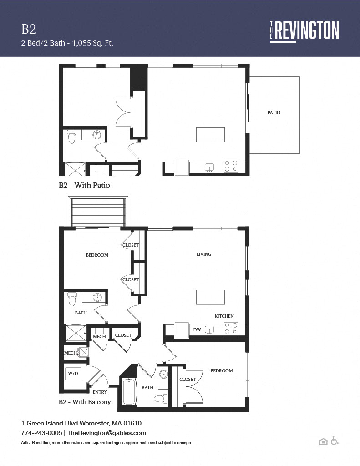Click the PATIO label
coord(274,113)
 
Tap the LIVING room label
coord(203,254)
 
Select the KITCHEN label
coord(224,316)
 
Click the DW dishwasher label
coord(197,329)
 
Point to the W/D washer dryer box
coord(73,373)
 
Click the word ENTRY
coord(100,392)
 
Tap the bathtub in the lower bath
coord(129,391)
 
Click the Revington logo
coord(304,31)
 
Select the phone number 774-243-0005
coord(41,433)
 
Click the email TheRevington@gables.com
coord(106,433)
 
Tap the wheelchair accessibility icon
coord(335,441)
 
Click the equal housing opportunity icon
coord(323,441)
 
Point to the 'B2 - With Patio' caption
coord(85,185)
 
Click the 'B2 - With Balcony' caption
coord(85,402)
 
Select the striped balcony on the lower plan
coord(98,212)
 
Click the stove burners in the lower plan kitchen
coord(231,329)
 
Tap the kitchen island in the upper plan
coord(210,135)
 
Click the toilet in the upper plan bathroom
coord(71,137)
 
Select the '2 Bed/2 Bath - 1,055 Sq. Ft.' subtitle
coord(67,43)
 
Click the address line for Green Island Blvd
coord(81,423)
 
